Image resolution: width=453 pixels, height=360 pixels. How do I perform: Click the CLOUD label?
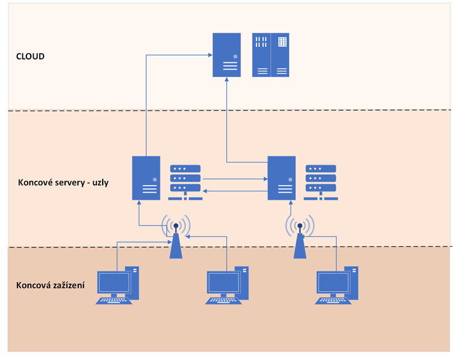30,57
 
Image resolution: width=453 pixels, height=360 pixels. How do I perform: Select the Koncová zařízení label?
51,285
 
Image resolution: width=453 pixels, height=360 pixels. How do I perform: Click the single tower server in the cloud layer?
227,54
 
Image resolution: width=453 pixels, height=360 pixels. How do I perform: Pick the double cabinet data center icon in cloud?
271,54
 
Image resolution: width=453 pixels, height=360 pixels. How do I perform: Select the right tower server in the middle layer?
281,178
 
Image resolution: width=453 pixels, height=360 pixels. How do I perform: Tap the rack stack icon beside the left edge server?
185,182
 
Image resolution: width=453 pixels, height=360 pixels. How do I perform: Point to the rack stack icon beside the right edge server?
320,182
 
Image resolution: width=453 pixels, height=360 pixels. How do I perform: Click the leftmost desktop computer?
117,285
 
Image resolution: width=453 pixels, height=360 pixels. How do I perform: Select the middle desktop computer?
227,285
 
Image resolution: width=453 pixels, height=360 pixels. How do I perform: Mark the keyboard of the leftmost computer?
113,300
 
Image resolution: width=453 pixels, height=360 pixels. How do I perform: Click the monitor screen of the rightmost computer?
332,282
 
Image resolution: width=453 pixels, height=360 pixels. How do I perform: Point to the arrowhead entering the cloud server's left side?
209,54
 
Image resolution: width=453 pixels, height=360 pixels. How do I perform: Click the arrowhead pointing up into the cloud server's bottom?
227,81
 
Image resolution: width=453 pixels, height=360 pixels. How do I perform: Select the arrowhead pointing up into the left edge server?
139,204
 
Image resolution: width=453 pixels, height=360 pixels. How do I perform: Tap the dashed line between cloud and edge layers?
337,110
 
